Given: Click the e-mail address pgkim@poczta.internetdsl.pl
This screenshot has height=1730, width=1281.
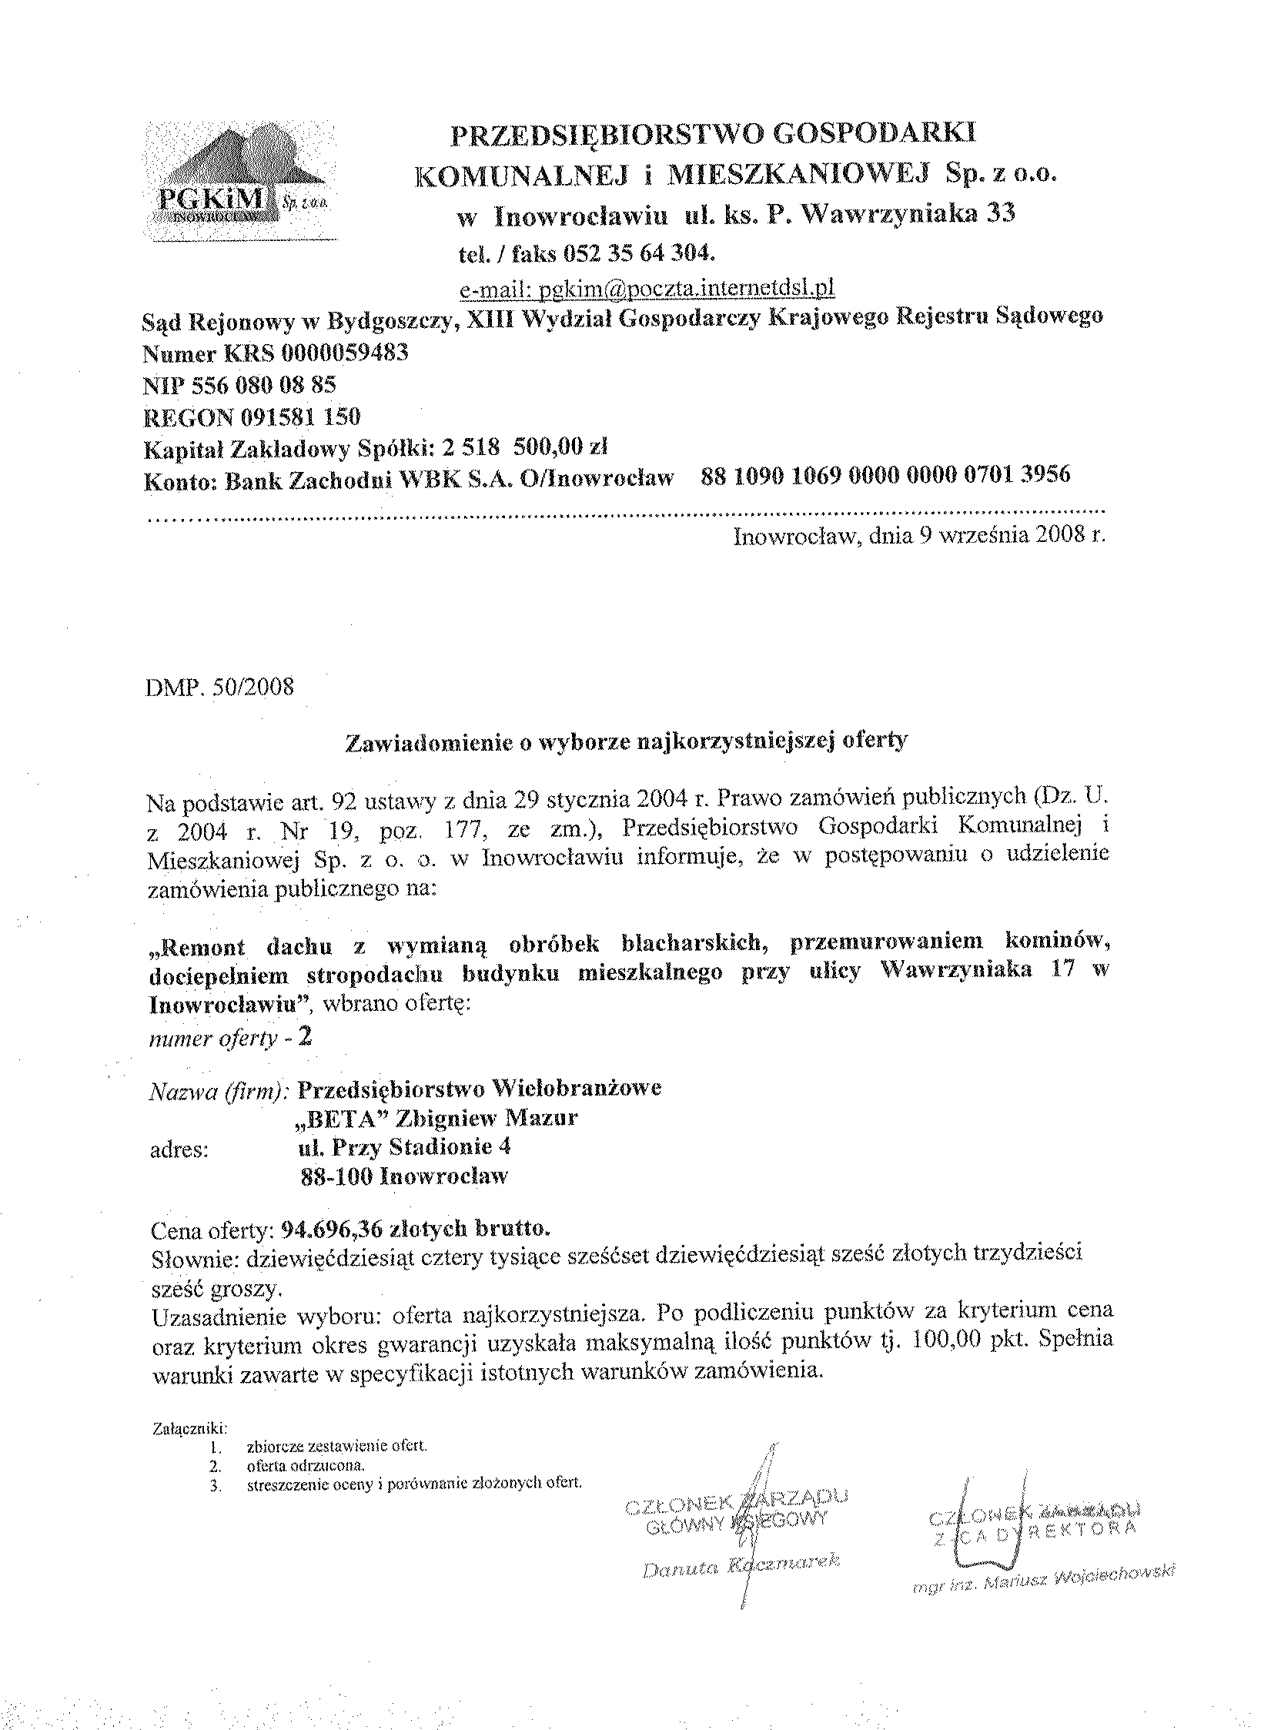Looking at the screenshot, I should [x=647, y=289].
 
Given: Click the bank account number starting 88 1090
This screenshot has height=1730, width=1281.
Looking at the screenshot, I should [x=885, y=474].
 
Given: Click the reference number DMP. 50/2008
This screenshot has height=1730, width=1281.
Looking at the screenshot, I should [x=220, y=688].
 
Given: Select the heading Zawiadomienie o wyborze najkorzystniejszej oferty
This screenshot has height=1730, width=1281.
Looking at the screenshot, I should [x=625, y=742].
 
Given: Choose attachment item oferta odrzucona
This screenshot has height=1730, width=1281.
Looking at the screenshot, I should [x=306, y=1466].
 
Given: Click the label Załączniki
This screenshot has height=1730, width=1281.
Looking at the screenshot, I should [x=190, y=1427].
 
